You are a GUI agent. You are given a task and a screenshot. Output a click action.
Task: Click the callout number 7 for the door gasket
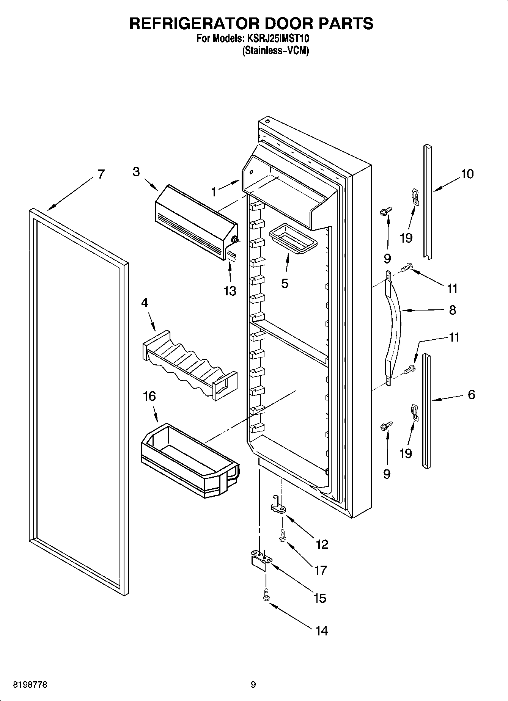coord(101,174)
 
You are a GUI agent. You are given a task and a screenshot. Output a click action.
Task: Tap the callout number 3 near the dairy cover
coord(136,172)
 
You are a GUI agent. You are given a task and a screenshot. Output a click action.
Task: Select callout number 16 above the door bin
coord(149,397)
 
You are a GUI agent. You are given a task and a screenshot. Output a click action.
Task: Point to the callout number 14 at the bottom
coord(321,630)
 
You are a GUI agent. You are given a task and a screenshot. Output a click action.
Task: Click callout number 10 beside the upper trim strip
coord(467,174)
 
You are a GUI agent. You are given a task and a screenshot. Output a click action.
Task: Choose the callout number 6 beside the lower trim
coord(471,395)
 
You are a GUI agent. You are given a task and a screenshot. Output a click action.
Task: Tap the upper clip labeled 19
coord(415,197)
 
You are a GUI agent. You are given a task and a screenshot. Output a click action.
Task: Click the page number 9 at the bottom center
coord(253,685)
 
